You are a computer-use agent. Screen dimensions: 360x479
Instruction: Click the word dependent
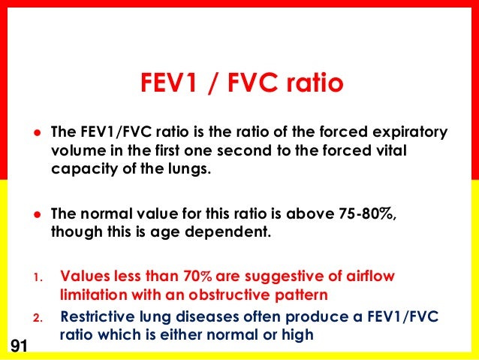tap(230, 231)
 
